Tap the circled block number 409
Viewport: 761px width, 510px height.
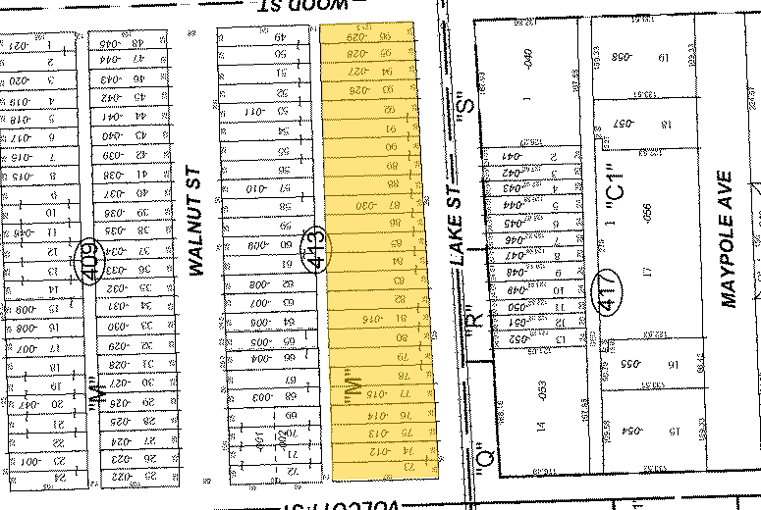[89, 262]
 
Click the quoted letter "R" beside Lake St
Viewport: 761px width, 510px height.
[473, 321]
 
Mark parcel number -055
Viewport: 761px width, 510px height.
[623, 365]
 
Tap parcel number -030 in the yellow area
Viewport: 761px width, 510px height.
[365, 207]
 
